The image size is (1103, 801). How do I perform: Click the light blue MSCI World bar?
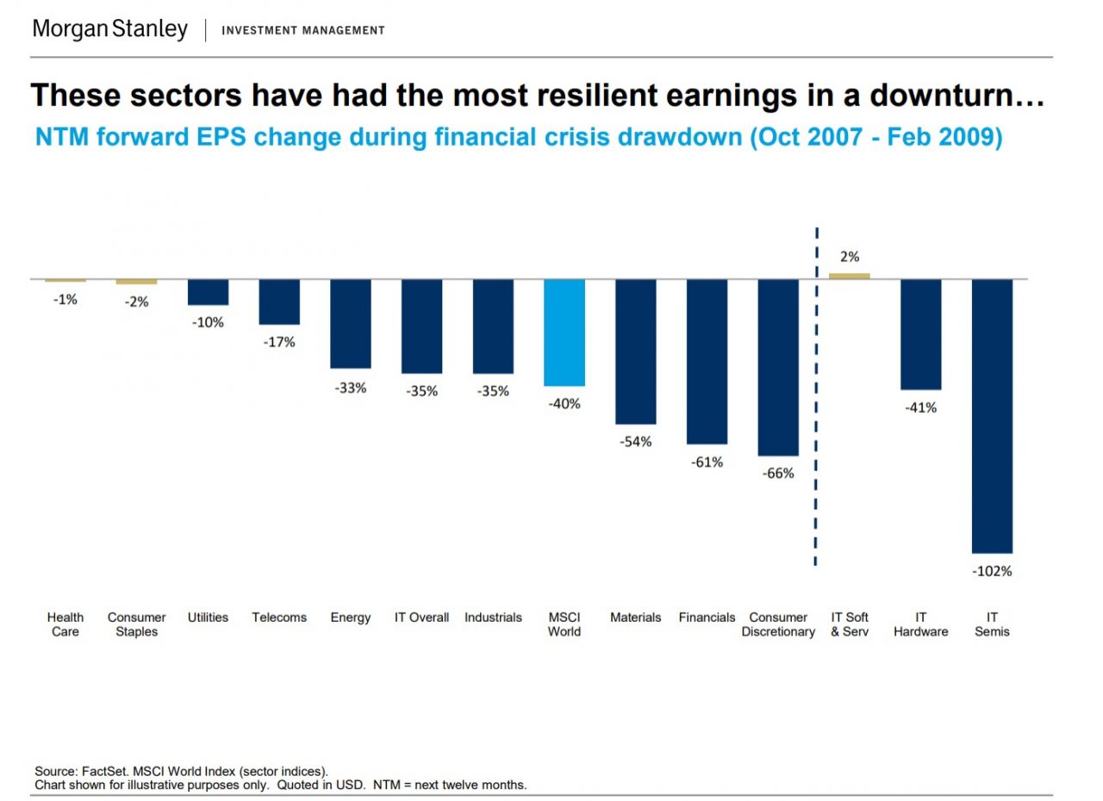[x=564, y=332]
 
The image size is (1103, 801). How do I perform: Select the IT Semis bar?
[x=992, y=416]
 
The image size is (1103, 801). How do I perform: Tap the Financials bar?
[x=707, y=362]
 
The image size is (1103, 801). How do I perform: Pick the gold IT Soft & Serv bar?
[x=850, y=276]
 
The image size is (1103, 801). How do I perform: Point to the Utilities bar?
[x=208, y=292]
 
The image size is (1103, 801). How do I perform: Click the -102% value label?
[x=992, y=571]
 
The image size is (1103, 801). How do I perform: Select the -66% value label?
[x=778, y=474]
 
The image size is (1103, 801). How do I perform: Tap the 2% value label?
[x=850, y=257]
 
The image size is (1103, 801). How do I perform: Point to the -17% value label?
[x=279, y=342]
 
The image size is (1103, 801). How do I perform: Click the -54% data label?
[x=635, y=442]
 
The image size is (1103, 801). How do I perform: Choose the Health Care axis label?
[x=65, y=624]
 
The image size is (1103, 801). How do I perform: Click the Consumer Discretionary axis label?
[x=778, y=624]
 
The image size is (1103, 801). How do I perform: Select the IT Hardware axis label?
[x=920, y=624]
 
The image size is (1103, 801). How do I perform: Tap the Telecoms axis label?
[x=279, y=618]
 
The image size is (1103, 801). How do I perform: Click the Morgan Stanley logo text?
[x=109, y=29]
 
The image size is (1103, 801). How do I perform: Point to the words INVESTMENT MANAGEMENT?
[x=303, y=31]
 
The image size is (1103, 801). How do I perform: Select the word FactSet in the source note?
[x=103, y=771]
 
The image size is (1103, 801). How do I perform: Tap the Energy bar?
[x=350, y=324]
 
